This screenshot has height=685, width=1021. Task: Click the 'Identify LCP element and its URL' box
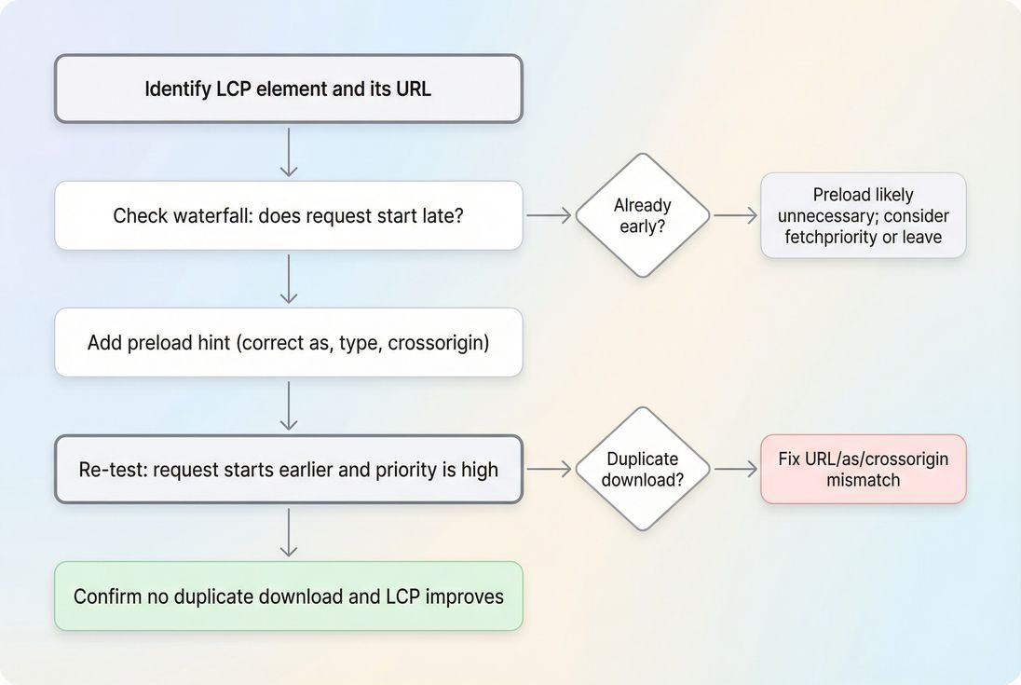pyautogui.click(x=288, y=89)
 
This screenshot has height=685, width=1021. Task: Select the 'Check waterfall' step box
pyautogui.click(x=288, y=215)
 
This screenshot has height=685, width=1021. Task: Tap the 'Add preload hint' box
pyautogui.click(x=288, y=342)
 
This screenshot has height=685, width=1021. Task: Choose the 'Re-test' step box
pyautogui.click(x=288, y=469)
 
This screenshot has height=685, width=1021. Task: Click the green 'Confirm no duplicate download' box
pyautogui.click(x=288, y=596)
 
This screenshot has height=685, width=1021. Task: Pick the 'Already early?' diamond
pyautogui.click(x=642, y=215)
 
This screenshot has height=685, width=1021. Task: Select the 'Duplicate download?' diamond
pyautogui.click(x=642, y=469)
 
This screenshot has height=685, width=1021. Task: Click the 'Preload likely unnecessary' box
pyautogui.click(x=863, y=215)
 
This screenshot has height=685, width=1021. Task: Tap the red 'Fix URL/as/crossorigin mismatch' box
pyautogui.click(x=863, y=469)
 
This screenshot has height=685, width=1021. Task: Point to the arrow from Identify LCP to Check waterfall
pyautogui.click(x=289, y=152)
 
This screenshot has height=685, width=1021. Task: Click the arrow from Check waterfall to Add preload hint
pyautogui.click(x=289, y=279)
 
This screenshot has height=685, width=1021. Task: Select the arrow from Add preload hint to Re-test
pyautogui.click(x=289, y=405)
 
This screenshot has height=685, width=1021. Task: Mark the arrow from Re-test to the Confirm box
pyautogui.click(x=289, y=532)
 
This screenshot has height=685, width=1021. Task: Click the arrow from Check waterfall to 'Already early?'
pyautogui.click(x=549, y=215)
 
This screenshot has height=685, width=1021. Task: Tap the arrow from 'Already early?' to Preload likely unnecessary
pyautogui.click(x=735, y=215)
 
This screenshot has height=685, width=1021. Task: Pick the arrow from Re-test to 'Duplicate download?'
pyautogui.click(x=549, y=469)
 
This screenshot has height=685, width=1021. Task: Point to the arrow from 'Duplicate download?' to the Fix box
pyautogui.click(x=735, y=469)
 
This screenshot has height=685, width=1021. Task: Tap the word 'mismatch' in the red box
pyautogui.click(x=863, y=480)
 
